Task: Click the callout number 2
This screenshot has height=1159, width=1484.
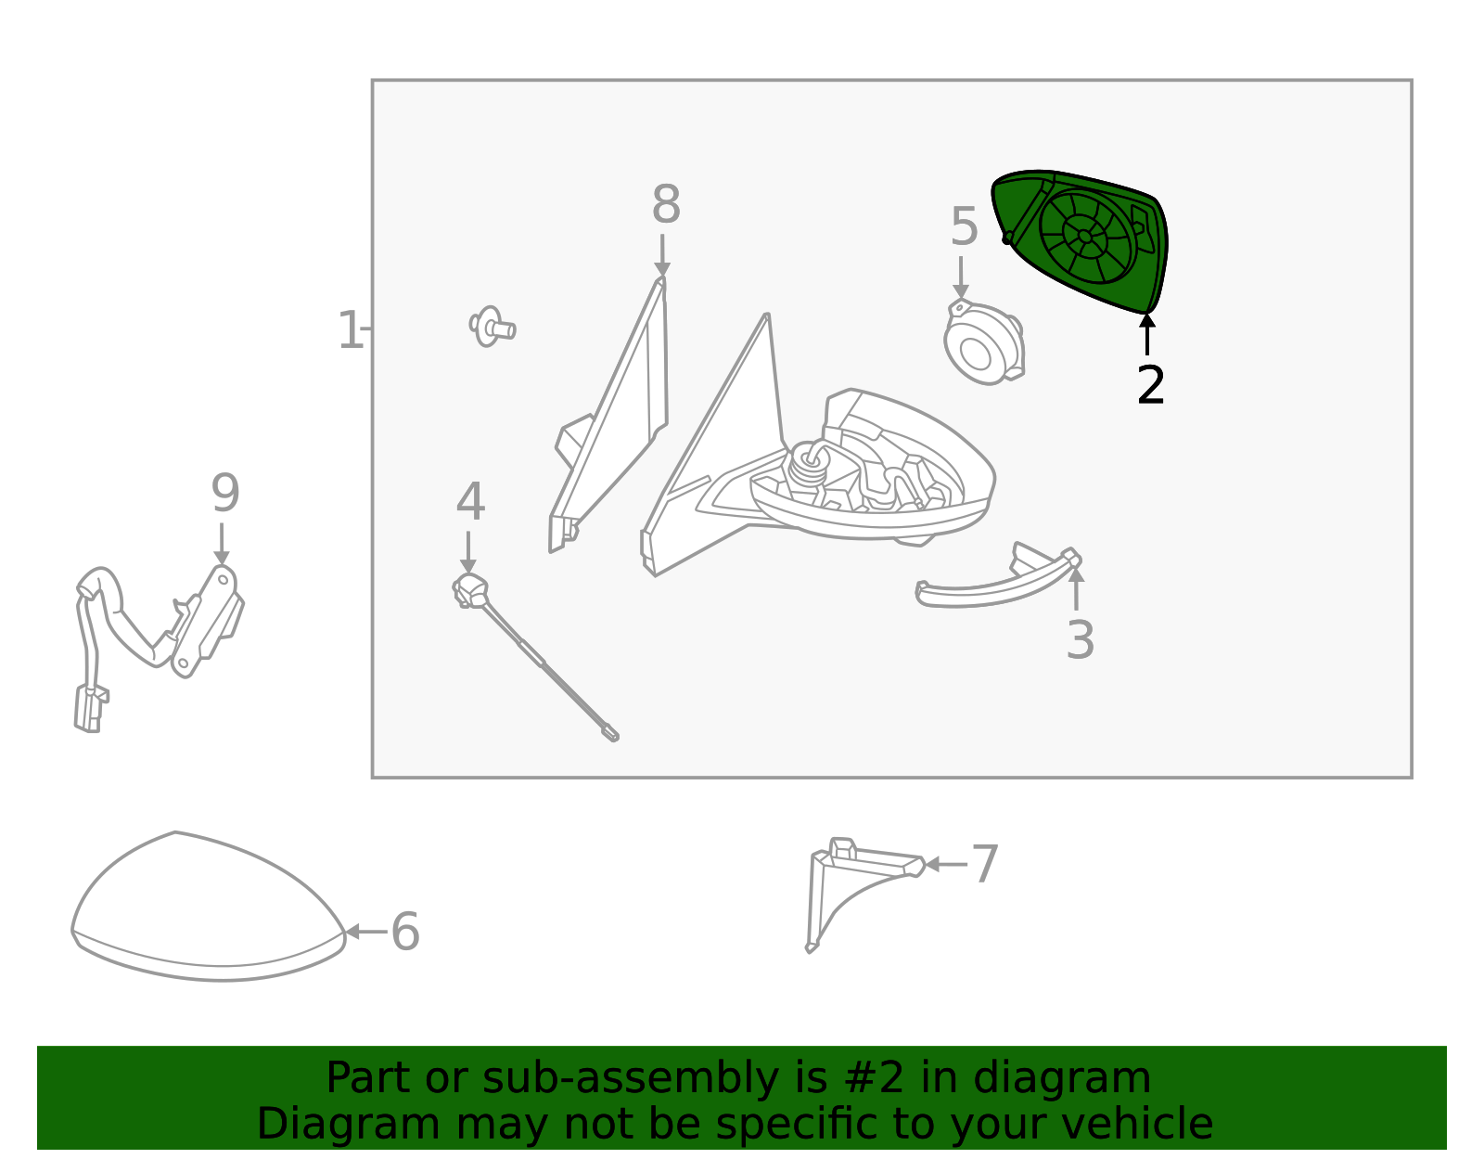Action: click(1150, 385)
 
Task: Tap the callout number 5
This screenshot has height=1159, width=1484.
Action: click(964, 227)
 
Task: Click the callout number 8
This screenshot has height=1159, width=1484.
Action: click(666, 205)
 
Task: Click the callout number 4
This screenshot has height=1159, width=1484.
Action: click(470, 502)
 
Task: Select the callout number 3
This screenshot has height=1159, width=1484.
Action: click(1080, 640)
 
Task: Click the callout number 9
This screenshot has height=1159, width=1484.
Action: click(224, 494)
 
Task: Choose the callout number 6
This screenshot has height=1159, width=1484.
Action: click(405, 932)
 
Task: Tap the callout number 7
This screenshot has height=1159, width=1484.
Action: click(984, 864)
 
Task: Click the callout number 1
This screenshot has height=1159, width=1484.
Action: click(350, 331)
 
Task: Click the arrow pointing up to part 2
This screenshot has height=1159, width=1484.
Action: click(1147, 334)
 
